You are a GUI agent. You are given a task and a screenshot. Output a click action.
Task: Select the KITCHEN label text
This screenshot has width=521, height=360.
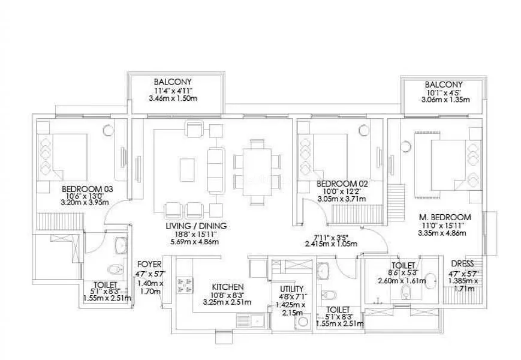227,286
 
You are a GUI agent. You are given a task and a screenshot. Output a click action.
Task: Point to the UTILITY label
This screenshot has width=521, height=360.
292,289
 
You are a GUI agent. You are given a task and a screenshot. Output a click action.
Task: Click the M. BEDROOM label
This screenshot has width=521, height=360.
445,217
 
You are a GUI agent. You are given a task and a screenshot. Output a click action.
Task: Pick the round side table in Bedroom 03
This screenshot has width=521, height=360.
108,128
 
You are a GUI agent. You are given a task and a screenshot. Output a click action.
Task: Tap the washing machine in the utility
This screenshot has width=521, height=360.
302,322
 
